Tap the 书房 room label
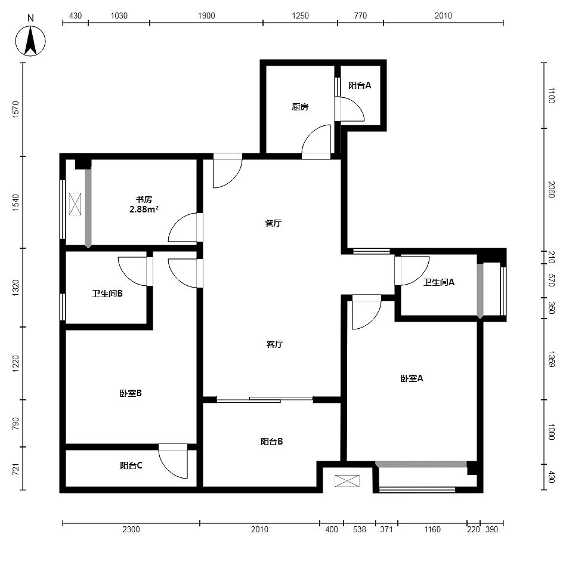144,199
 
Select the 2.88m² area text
144,209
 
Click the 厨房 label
300,107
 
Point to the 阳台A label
360,85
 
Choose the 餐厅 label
273,223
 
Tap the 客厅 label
274,344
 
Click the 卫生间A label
439,282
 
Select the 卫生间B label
107,294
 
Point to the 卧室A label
412,378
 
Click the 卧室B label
131,393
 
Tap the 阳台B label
271,442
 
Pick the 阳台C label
131,465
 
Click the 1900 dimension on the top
206,16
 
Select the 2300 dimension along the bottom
131,529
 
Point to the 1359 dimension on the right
552,359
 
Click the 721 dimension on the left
16,469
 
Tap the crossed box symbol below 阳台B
347,481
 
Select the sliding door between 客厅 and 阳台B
265,400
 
